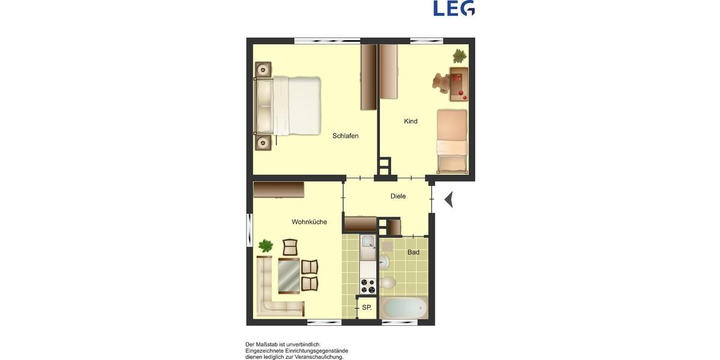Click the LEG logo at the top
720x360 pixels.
pyautogui.click(x=454, y=8)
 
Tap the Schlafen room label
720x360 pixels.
pyautogui.click(x=346, y=136)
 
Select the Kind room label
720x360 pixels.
pyautogui.click(x=410, y=121)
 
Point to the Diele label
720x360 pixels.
pyautogui.click(x=398, y=196)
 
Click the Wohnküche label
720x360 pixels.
pyautogui.click(x=309, y=222)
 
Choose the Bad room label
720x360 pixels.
pyautogui.click(x=413, y=253)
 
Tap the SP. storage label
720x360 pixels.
pyautogui.click(x=367, y=308)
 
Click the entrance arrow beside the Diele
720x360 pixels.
pyautogui.click(x=448, y=199)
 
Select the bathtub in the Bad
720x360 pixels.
pyautogui.click(x=404, y=307)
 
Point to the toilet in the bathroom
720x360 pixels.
pyautogui.click(x=388, y=282)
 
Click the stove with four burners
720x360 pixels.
pyautogui.click(x=367, y=286)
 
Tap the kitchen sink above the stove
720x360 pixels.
pyautogui.click(x=367, y=243)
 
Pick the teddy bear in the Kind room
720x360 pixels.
pyautogui.click(x=443, y=82)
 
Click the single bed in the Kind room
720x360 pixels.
pyautogui.click(x=451, y=140)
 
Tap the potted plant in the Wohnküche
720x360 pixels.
pyautogui.click(x=265, y=245)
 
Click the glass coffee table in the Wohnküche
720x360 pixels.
pyautogui.click(x=289, y=275)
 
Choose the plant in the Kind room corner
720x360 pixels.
pyautogui.click(x=460, y=56)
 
